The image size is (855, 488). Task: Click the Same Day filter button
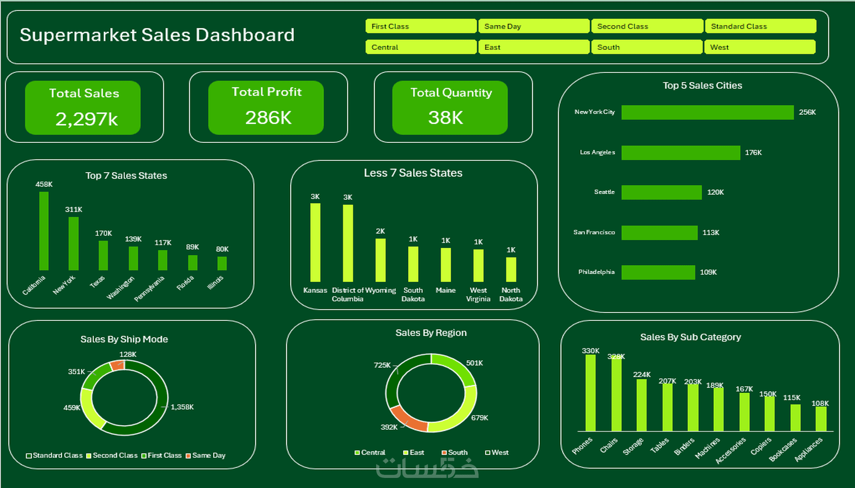pyautogui.click(x=534, y=26)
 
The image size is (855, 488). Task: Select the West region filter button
pyautogui.click(x=759, y=47)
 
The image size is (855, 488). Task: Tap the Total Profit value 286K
pyautogui.click(x=268, y=118)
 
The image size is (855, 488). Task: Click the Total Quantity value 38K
pyautogui.click(x=446, y=118)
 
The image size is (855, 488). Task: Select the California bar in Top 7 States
pyautogui.click(x=44, y=231)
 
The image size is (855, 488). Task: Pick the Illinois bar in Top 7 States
pyautogui.click(x=222, y=263)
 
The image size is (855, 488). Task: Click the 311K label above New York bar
pyautogui.click(x=73, y=209)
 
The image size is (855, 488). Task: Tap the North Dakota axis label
pyautogui.click(x=511, y=294)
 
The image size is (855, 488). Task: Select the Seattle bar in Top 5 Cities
pyautogui.click(x=661, y=192)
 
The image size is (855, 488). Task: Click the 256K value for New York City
pyautogui.click(x=807, y=112)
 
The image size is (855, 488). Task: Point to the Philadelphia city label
pyautogui.click(x=596, y=272)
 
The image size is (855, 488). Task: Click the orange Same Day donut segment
pyautogui.click(x=117, y=365)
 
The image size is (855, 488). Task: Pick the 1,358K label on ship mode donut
pyautogui.click(x=182, y=407)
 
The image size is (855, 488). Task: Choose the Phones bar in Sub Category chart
pyautogui.click(x=590, y=393)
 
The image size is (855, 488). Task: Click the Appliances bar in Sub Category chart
pyautogui.click(x=821, y=419)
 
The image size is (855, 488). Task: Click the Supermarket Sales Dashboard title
pyautogui.click(x=157, y=35)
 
